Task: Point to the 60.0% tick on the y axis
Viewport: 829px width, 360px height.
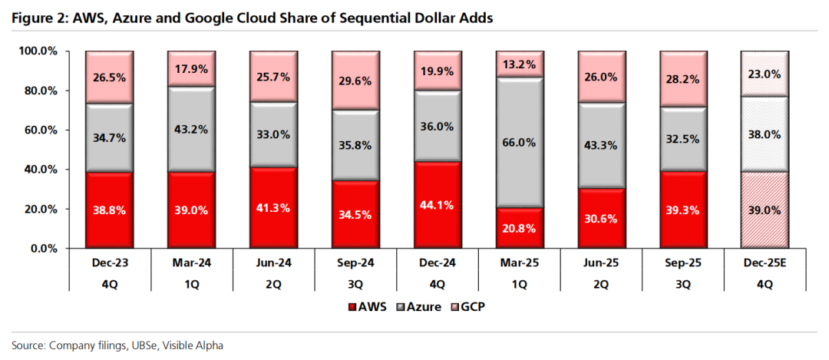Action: [49, 130]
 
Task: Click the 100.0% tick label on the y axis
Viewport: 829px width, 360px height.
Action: [47, 51]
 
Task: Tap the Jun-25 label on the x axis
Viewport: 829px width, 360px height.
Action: [601, 264]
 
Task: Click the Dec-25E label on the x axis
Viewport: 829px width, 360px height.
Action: [765, 264]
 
